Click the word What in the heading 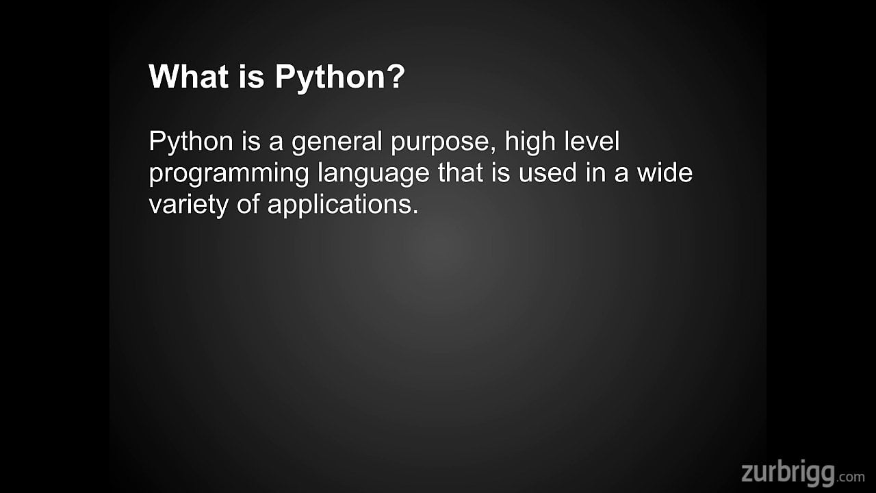point(188,77)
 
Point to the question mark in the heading point(396,77)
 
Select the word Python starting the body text point(191,142)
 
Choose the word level point(591,141)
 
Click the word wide point(665,173)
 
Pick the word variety point(188,205)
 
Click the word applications point(338,205)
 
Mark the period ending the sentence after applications point(414,211)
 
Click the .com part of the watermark point(852,476)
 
